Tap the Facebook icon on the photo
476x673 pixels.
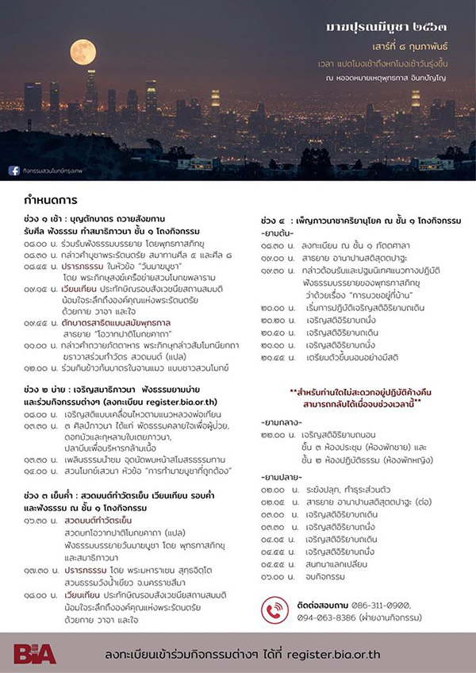click(x=13, y=169)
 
